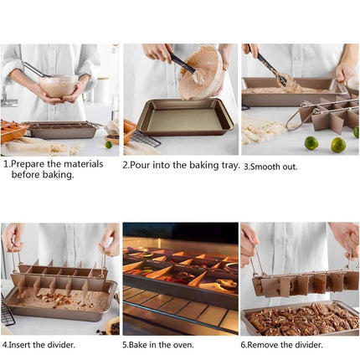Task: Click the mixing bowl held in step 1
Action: tap(57, 85)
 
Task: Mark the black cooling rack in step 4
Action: tap(7, 313)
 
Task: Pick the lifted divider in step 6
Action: tap(304, 282)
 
